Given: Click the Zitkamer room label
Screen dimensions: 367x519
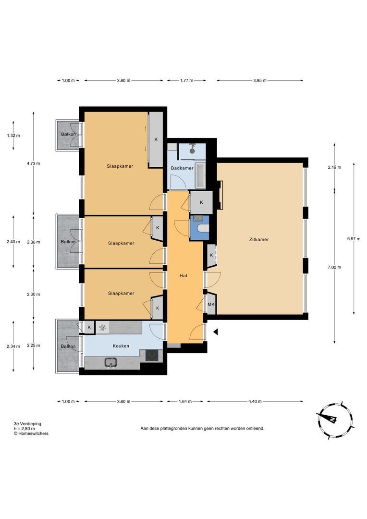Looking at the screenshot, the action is click(259, 239).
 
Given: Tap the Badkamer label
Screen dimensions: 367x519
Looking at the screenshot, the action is click(182, 168).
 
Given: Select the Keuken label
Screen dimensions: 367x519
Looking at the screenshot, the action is click(121, 346).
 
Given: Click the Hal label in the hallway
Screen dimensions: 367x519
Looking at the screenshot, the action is click(183, 275).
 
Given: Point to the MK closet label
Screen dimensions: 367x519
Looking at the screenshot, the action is click(211, 305).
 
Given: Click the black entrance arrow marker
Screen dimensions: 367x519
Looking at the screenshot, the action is click(215, 332).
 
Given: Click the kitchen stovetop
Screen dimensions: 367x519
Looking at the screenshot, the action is click(152, 356).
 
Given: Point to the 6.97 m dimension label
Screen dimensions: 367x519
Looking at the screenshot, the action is click(354, 238).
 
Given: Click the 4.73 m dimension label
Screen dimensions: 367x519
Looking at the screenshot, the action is click(34, 163).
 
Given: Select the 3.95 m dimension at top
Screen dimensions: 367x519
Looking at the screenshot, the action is click(260, 80).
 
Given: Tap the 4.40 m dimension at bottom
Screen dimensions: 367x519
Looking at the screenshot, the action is click(255, 401).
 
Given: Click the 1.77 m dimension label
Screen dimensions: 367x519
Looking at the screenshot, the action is click(187, 80).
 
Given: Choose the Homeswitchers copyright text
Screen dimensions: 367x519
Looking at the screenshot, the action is click(31, 433).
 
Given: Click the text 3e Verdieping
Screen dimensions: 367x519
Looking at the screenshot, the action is click(27, 423).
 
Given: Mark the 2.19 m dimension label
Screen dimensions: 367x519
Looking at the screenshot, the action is click(334, 167).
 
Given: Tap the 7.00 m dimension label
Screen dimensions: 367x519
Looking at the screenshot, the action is click(334, 267).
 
